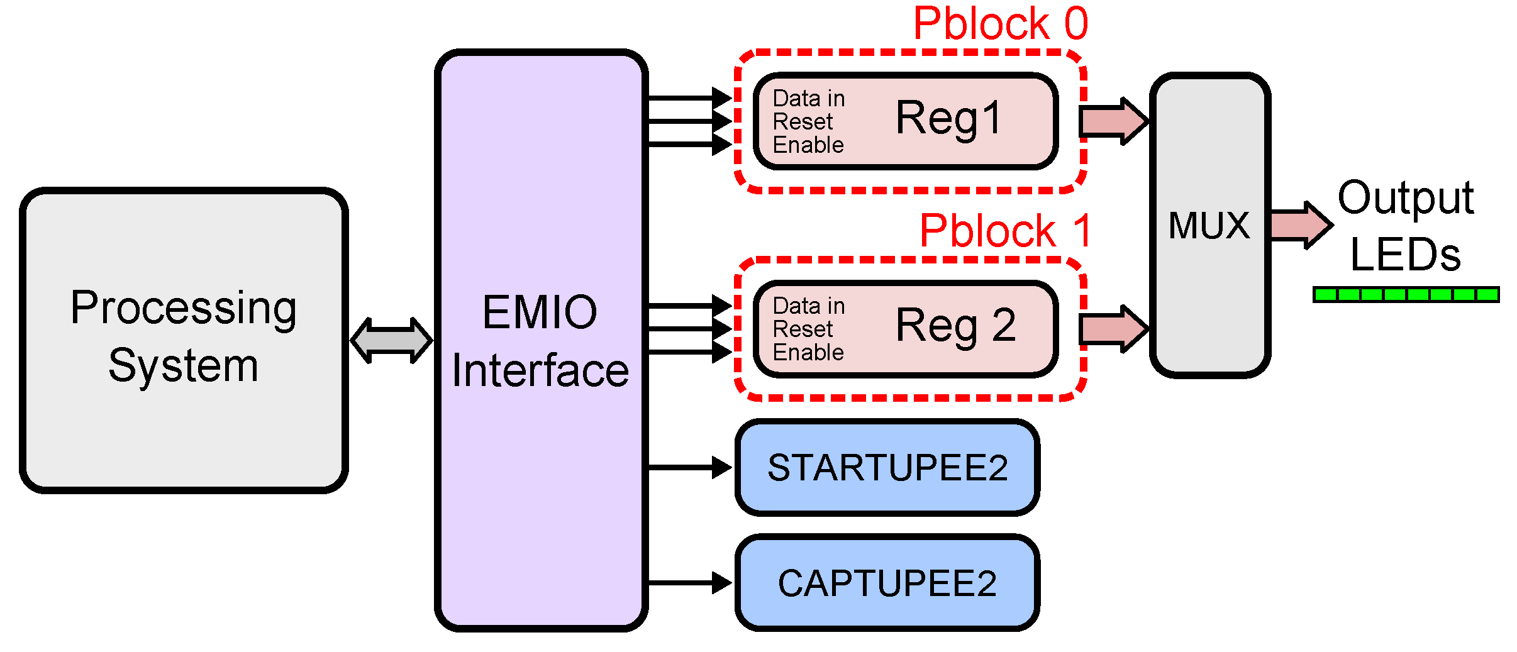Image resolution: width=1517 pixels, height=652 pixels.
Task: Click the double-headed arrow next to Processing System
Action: [x=391, y=340]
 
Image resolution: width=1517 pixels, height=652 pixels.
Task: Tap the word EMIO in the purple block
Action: [x=540, y=312]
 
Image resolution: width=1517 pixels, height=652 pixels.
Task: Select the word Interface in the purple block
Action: [x=540, y=370]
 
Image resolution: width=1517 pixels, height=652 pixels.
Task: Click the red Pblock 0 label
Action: [x=1000, y=24]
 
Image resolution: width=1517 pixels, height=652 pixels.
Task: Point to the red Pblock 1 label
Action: [x=1005, y=231]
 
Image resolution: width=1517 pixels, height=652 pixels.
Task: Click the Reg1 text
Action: [x=948, y=118]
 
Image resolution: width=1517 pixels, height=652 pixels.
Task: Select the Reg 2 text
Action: [x=955, y=326]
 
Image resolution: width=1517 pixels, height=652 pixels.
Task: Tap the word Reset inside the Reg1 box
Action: [x=803, y=121]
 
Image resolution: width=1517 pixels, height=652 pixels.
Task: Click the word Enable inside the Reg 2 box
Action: [x=808, y=353]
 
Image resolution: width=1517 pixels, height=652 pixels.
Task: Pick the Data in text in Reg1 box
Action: [x=809, y=99]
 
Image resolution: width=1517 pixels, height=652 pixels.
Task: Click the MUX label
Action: [x=1209, y=225]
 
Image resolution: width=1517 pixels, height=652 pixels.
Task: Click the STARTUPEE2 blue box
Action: [x=887, y=468]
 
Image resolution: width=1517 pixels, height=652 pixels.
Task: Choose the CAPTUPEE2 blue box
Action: [x=887, y=583]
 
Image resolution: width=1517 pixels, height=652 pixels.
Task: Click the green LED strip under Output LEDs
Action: [x=1406, y=294]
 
